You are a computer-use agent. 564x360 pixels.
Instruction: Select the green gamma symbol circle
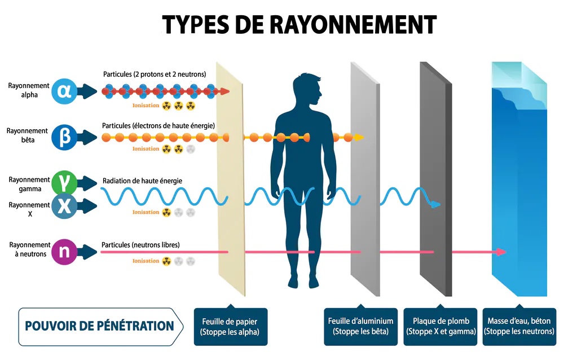coord(64,183)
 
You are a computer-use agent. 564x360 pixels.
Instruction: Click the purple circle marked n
coord(64,252)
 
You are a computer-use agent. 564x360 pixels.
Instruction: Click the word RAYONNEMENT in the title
coord(350,24)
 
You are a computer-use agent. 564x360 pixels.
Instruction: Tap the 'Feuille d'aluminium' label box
coord(360,326)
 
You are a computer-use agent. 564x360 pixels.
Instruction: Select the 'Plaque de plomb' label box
coord(440,326)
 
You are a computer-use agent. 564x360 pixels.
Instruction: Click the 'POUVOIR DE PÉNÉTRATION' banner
coord(99,326)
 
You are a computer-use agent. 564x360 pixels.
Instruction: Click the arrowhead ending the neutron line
coord(501,252)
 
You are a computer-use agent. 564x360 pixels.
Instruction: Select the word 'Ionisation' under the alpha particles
coord(146,105)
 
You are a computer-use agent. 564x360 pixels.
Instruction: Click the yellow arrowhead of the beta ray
coord(359,137)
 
